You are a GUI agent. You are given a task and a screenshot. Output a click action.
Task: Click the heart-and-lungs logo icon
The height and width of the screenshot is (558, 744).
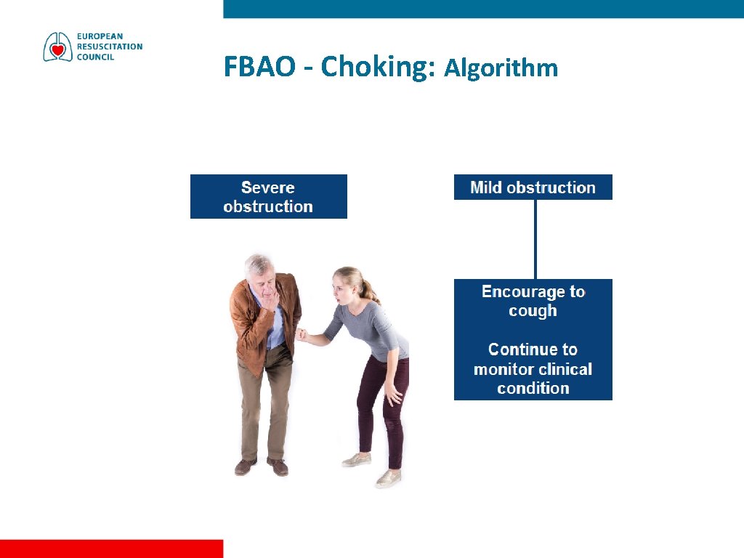(x=57, y=47)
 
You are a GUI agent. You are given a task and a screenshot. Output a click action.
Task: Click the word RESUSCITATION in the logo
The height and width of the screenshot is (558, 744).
(x=110, y=46)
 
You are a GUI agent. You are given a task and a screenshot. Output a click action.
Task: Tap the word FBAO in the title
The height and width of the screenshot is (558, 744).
(x=259, y=67)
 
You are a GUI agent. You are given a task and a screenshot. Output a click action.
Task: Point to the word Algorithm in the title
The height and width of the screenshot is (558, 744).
(x=501, y=68)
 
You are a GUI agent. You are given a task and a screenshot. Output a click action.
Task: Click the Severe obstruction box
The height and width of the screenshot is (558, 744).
(x=268, y=196)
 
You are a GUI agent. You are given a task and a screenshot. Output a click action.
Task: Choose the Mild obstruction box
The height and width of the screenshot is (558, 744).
(x=533, y=187)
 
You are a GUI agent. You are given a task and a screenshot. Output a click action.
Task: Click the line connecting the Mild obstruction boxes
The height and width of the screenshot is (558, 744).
(x=535, y=239)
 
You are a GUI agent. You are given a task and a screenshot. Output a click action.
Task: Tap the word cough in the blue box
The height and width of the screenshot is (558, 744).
(x=533, y=311)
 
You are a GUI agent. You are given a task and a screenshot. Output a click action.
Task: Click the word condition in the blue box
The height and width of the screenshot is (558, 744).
(x=533, y=388)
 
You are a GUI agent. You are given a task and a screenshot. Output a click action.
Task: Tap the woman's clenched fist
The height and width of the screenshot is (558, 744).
(x=301, y=335)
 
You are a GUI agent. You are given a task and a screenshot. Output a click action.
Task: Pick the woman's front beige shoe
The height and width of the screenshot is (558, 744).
(x=388, y=478)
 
